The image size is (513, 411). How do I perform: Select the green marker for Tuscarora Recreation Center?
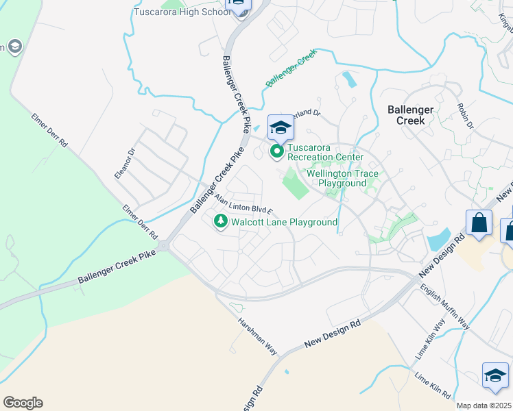point(277,151)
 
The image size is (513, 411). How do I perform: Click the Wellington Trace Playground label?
point(342,178)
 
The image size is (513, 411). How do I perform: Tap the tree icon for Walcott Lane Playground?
point(221,221)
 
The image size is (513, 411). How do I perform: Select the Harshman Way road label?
point(257,336)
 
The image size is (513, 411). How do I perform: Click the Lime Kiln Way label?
point(431,347)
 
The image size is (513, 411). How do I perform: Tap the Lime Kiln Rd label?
point(433,386)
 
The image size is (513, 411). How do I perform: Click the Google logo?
point(23,403)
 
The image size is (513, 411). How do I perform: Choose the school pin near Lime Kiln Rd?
point(495,375)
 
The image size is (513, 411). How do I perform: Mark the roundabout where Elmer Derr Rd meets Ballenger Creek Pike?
point(164,245)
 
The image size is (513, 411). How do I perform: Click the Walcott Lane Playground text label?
point(284,223)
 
